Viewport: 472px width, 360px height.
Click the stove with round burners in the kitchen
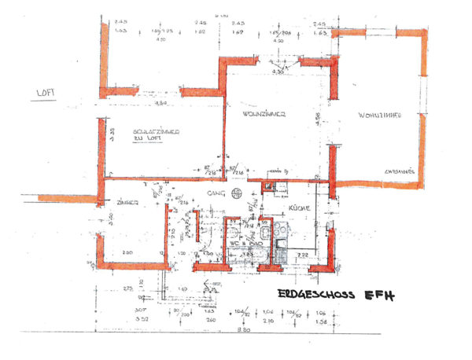click(280, 230)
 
